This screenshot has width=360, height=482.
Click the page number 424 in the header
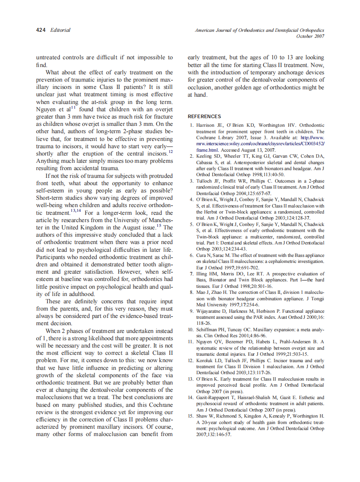point(41,30)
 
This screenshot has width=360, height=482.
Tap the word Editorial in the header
point(60,30)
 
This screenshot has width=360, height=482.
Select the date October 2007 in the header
point(310,36)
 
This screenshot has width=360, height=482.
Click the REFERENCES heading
point(204,116)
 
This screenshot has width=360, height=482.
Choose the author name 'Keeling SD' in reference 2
point(207,156)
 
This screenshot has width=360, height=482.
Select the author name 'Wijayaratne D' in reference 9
point(211,311)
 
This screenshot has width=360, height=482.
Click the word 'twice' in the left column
point(97,116)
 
